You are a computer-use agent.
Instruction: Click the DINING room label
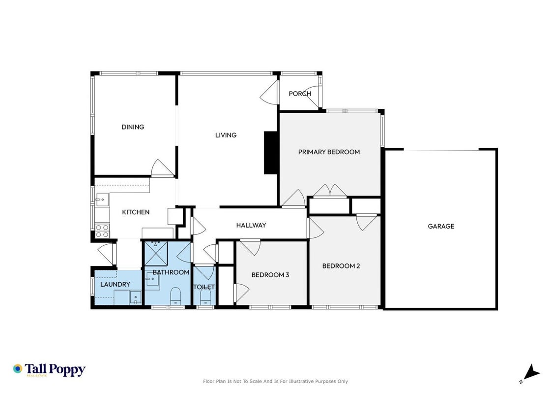pyautogui.click(x=133, y=127)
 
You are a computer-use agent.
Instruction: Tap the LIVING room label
pyautogui.click(x=226, y=135)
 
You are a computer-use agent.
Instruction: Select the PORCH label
pyautogui.click(x=300, y=93)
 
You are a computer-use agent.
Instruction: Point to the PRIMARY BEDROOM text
pyautogui.click(x=329, y=152)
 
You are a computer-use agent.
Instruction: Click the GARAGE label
pyautogui.click(x=441, y=226)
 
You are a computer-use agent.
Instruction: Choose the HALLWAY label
pyautogui.click(x=251, y=225)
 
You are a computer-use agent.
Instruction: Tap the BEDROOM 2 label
pyautogui.click(x=341, y=266)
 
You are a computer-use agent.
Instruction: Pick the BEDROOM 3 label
pyautogui.click(x=270, y=275)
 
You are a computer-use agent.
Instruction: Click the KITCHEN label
pyautogui.click(x=136, y=212)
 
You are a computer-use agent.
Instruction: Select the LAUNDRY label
pyautogui.click(x=115, y=284)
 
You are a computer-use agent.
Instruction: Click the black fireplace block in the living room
pyautogui.click(x=271, y=153)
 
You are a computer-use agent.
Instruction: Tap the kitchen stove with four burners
pyautogui.click(x=102, y=231)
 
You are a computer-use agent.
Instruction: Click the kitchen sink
pyautogui.click(x=102, y=199)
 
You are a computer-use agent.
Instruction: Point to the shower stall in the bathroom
pyautogui.click(x=156, y=254)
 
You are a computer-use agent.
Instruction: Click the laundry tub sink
pyautogui.click(x=136, y=297)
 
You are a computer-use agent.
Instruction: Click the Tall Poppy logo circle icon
pyautogui.click(x=18, y=369)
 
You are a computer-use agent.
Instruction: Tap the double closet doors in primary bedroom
pyautogui.click(x=330, y=191)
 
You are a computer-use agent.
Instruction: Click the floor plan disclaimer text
pyautogui.click(x=275, y=381)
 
